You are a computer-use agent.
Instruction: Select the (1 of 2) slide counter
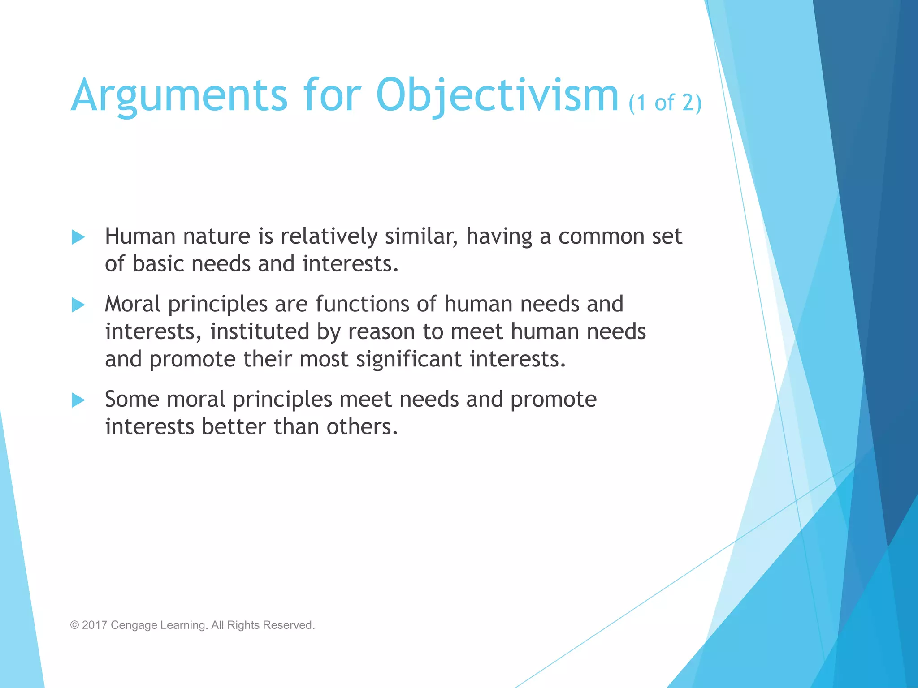[x=665, y=103]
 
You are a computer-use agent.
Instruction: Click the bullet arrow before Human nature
[x=78, y=237]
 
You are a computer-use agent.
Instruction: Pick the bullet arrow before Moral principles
[x=78, y=305]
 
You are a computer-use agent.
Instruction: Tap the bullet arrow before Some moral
[x=78, y=400]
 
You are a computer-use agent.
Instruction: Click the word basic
[x=158, y=263]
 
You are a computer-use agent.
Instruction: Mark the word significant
[x=409, y=359]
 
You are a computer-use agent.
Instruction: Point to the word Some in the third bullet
[x=132, y=399]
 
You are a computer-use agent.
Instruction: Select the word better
[x=234, y=426]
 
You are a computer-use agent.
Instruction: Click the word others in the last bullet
[x=361, y=426]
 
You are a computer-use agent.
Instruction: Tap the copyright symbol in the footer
[x=74, y=625]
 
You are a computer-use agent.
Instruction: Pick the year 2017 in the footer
[x=94, y=625]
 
